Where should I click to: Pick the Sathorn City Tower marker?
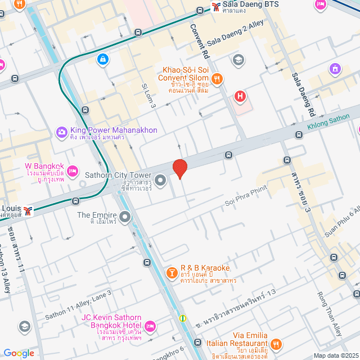tap(160, 181)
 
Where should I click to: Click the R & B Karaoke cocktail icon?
tap(170, 273)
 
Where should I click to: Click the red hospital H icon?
tap(240, 96)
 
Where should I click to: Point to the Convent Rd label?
tap(199, 42)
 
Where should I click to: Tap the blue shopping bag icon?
tap(102, 59)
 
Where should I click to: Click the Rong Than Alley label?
tap(330, 321)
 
